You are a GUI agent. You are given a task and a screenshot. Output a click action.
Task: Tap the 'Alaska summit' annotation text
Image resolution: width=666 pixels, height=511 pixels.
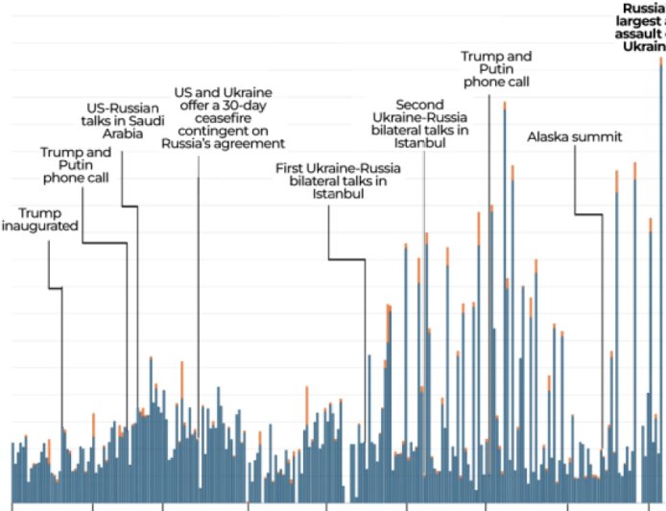[x=575, y=137]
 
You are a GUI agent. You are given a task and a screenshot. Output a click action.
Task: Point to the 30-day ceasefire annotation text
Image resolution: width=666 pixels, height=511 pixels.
[x=229, y=117]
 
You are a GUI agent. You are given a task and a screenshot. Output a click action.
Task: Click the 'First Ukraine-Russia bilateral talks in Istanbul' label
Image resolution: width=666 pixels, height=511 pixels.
[x=338, y=181]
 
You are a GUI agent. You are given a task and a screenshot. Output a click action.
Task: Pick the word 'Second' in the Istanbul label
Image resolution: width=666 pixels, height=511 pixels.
[x=419, y=103]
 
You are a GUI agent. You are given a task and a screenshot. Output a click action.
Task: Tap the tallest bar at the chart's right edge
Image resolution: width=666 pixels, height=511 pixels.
[x=661, y=288]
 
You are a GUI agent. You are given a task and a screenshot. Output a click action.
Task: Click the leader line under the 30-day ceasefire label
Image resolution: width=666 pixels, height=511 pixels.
[x=198, y=288]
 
